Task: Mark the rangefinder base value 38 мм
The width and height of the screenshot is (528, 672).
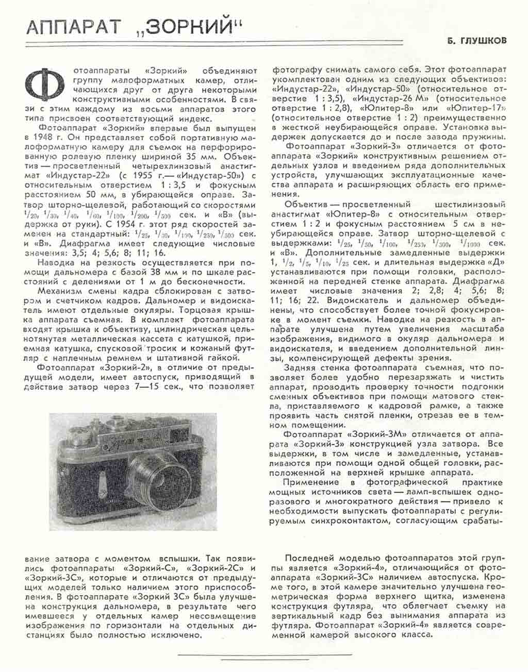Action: [x=167, y=273]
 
